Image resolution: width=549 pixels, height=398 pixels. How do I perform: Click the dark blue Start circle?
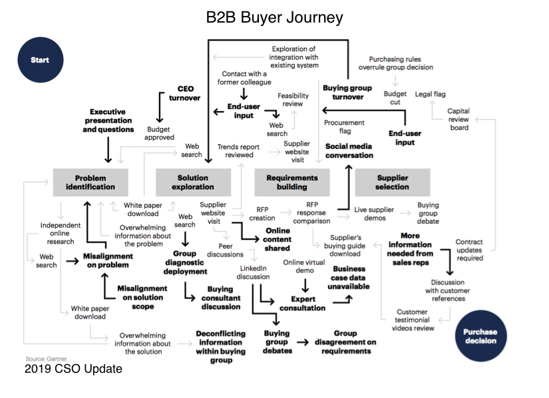click(40, 60)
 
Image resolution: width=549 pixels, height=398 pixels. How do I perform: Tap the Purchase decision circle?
click(480, 336)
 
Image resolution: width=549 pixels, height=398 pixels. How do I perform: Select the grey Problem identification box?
click(90, 182)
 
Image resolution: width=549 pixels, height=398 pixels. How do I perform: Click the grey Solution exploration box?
click(192, 182)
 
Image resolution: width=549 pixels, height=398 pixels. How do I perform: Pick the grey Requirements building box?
click(291, 182)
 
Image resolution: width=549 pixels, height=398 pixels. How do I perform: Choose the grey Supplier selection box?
click(393, 182)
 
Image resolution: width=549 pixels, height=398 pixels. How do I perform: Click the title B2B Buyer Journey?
click(275, 18)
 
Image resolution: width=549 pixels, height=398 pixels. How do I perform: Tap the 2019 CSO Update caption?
click(73, 368)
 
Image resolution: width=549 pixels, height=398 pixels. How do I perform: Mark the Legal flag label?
click(431, 94)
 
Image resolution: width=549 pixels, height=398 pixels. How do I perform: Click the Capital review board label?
click(458, 120)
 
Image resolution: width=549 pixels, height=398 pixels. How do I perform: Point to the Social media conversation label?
click(349, 150)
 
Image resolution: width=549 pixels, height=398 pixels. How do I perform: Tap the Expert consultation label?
click(303, 303)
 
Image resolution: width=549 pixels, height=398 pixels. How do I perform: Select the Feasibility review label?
click(293, 99)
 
